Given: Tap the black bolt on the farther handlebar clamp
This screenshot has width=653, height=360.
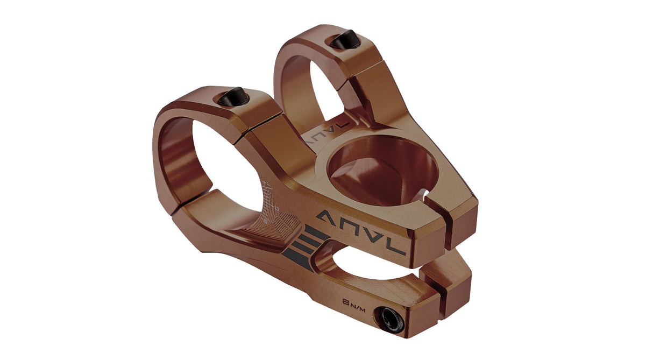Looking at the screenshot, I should [343, 39].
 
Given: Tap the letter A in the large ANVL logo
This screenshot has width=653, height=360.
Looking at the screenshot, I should [326, 218].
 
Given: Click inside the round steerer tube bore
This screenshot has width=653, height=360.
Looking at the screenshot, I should [383, 170].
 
